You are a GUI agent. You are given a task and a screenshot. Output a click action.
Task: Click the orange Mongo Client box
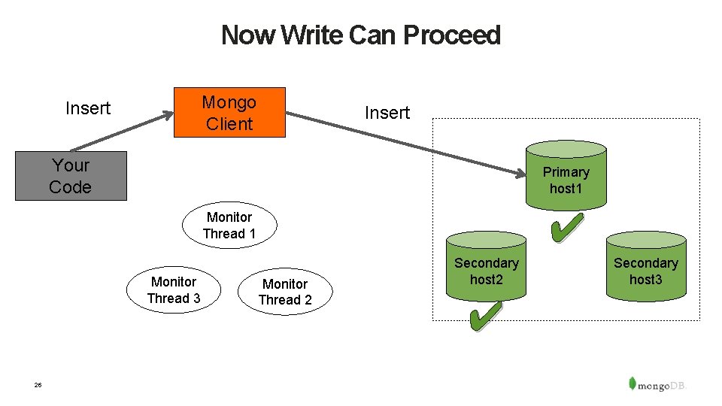[x=229, y=113]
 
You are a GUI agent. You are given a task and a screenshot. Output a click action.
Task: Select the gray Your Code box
[x=71, y=176]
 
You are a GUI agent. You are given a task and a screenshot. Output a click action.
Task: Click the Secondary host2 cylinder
[x=486, y=270]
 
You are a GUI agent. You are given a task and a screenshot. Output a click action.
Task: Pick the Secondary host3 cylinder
[x=645, y=268]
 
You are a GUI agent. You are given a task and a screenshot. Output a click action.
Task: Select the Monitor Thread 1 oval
[x=229, y=225]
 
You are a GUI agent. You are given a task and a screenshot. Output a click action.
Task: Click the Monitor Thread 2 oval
[x=285, y=292]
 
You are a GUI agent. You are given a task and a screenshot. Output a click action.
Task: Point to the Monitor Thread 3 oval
[x=174, y=289]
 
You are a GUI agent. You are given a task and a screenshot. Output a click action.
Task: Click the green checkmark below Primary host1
[x=567, y=228]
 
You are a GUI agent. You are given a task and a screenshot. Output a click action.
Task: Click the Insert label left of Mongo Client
[x=88, y=108]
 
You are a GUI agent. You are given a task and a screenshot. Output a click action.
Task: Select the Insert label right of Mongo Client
[x=387, y=113]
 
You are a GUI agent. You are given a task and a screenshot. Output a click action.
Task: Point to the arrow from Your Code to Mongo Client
[x=120, y=132]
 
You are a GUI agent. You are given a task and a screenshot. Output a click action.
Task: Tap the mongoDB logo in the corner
[x=658, y=383]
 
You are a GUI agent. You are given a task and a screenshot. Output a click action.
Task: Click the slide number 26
[x=38, y=385]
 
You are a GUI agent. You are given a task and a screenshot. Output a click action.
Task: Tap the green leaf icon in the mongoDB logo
[x=633, y=382]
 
